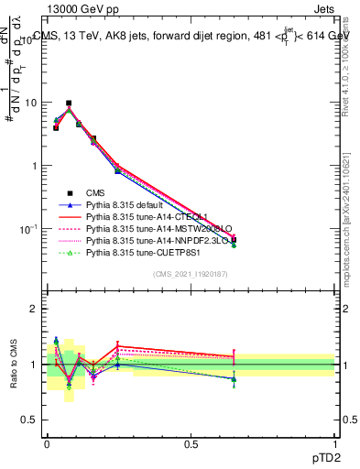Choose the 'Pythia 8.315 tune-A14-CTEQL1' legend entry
tap(138, 217)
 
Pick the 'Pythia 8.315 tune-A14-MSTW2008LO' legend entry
tap(147, 229)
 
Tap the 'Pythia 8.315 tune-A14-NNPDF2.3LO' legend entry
tap(147, 241)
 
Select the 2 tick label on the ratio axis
tap(36, 309)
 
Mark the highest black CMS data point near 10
tap(69, 104)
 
